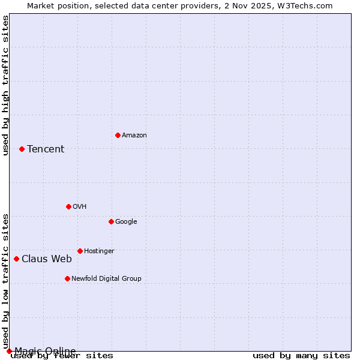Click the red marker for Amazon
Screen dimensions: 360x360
tap(118, 135)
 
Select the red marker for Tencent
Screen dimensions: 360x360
tap(22, 149)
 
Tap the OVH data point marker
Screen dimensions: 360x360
tap(68, 206)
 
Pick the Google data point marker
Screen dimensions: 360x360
tap(111, 221)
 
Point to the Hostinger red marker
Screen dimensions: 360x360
tap(80, 251)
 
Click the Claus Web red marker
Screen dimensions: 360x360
tap(16, 259)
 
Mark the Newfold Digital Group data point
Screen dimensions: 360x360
tap(67, 278)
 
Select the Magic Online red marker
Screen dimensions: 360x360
tap(9, 351)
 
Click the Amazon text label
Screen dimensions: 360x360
tap(134, 136)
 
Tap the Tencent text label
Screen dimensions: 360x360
tap(46, 149)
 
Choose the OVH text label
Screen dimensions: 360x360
tap(80, 207)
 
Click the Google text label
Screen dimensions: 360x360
tap(126, 222)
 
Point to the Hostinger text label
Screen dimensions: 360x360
tap(99, 251)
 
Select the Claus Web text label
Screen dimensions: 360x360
tap(47, 259)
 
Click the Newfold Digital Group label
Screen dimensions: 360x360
tap(106, 279)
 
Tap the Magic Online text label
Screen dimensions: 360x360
tap(46, 351)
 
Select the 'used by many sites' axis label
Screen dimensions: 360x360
tap(301, 356)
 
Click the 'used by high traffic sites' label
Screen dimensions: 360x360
tap(5, 85)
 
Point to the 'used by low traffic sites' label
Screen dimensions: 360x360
tap(5, 281)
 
